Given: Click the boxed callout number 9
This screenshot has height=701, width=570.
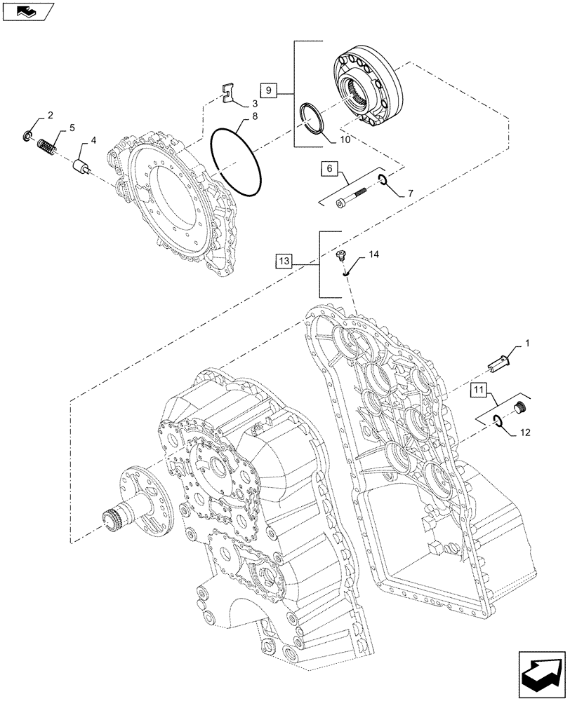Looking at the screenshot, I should pyautogui.click(x=270, y=90).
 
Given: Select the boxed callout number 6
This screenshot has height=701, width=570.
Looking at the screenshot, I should pyautogui.click(x=330, y=168).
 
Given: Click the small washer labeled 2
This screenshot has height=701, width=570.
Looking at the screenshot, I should pyautogui.click(x=29, y=135).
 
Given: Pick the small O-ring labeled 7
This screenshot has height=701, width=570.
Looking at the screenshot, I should pyautogui.click(x=383, y=180).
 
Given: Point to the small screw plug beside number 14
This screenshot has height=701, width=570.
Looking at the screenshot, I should pyautogui.click(x=343, y=255).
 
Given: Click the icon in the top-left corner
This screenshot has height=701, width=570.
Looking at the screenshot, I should pyautogui.click(x=27, y=11).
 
